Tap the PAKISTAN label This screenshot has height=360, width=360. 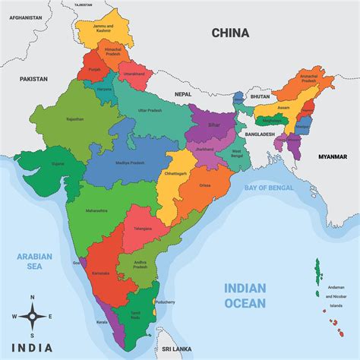point(33,79)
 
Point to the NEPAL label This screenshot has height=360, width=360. point(183,93)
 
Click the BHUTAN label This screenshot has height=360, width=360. point(261,97)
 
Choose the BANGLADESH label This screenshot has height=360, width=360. point(261,134)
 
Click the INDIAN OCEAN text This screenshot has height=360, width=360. point(245,295)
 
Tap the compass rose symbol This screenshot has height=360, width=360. point(32,314)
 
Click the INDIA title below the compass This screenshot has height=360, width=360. point(32,347)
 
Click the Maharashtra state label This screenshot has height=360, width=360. point(96,210)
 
